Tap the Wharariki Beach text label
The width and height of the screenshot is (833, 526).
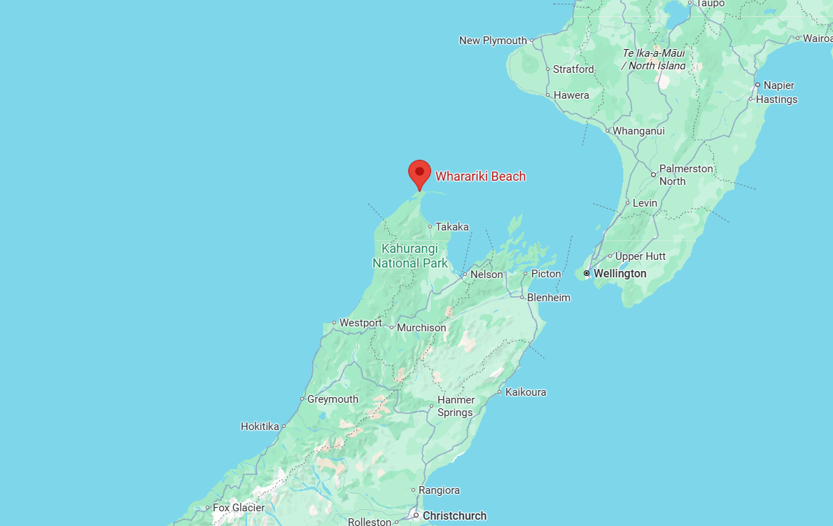(480, 177)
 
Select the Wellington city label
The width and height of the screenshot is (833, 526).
(619, 273)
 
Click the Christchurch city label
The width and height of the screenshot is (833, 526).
(454, 515)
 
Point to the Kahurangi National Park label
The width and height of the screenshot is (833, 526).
(410, 256)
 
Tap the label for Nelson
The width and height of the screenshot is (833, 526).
(486, 275)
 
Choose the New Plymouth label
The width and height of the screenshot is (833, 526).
(493, 41)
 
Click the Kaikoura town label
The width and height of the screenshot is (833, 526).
(525, 392)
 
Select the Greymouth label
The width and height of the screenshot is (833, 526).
(332, 399)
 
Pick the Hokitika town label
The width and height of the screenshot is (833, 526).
(260, 426)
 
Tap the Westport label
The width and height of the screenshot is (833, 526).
(360, 323)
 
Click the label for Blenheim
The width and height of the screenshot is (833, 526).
(549, 298)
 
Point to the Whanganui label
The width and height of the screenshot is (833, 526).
(638, 131)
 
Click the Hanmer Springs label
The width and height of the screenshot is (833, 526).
(456, 406)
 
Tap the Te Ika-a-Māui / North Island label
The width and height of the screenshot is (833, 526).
(654, 60)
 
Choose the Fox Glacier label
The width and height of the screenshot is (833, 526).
(239, 508)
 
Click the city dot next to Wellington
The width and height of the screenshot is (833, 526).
(587, 273)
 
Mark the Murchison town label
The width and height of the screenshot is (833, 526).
(421, 328)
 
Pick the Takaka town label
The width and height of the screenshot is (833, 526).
(451, 227)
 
